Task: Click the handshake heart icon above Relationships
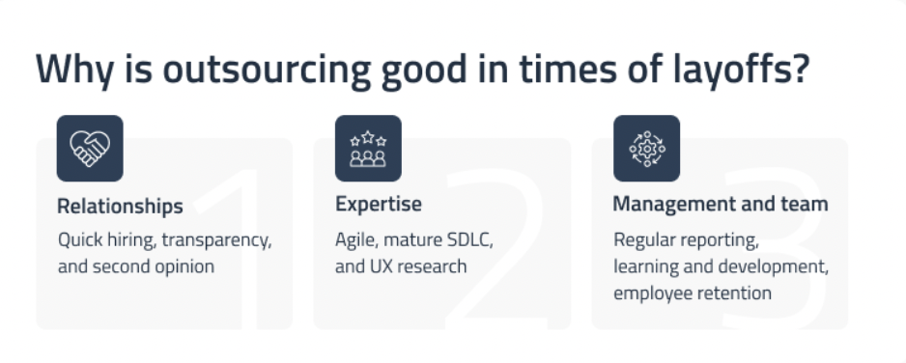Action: (90, 148)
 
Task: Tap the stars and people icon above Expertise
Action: (368, 148)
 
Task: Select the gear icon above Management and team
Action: (646, 148)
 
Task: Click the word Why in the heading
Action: (68, 70)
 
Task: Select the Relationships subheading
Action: (120, 206)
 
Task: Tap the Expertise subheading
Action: (379, 205)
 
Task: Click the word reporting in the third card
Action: (724, 239)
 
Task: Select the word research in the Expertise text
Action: (432, 265)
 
